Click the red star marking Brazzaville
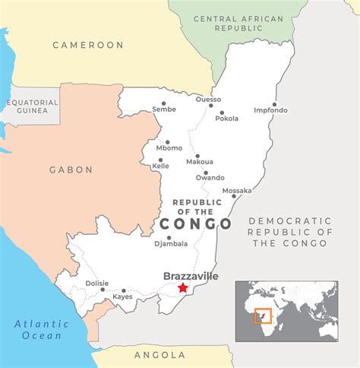pyautogui.click(x=182, y=287)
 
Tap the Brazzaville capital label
pyautogui.click(x=191, y=276)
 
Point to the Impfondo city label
pyautogui.click(x=271, y=110)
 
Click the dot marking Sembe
pyautogui.click(x=163, y=103)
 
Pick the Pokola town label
pyautogui.click(x=228, y=119)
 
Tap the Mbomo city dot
pyautogui.click(x=167, y=141)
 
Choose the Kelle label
pyautogui.click(x=161, y=166)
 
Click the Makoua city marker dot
pyautogui.click(x=197, y=156)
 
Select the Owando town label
pyautogui.click(x=210, y=178)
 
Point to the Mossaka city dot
pyautogui.click(x=234, y=196)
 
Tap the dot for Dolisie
pyautogui.click(x=103, y=289)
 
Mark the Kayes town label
pyautogui.click(x=123, y=297)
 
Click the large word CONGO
pyautogui.click(x=196, y=224)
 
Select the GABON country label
pyautogui.click(x=71, y=170)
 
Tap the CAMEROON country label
pyautogui.click(x=88, y=45)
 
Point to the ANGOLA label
pyautogui.click(x=159, y=355)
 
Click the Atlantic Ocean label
pyautogui.click(x=42, y=329)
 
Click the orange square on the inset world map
pyautogui.click(x=263, y=316)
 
